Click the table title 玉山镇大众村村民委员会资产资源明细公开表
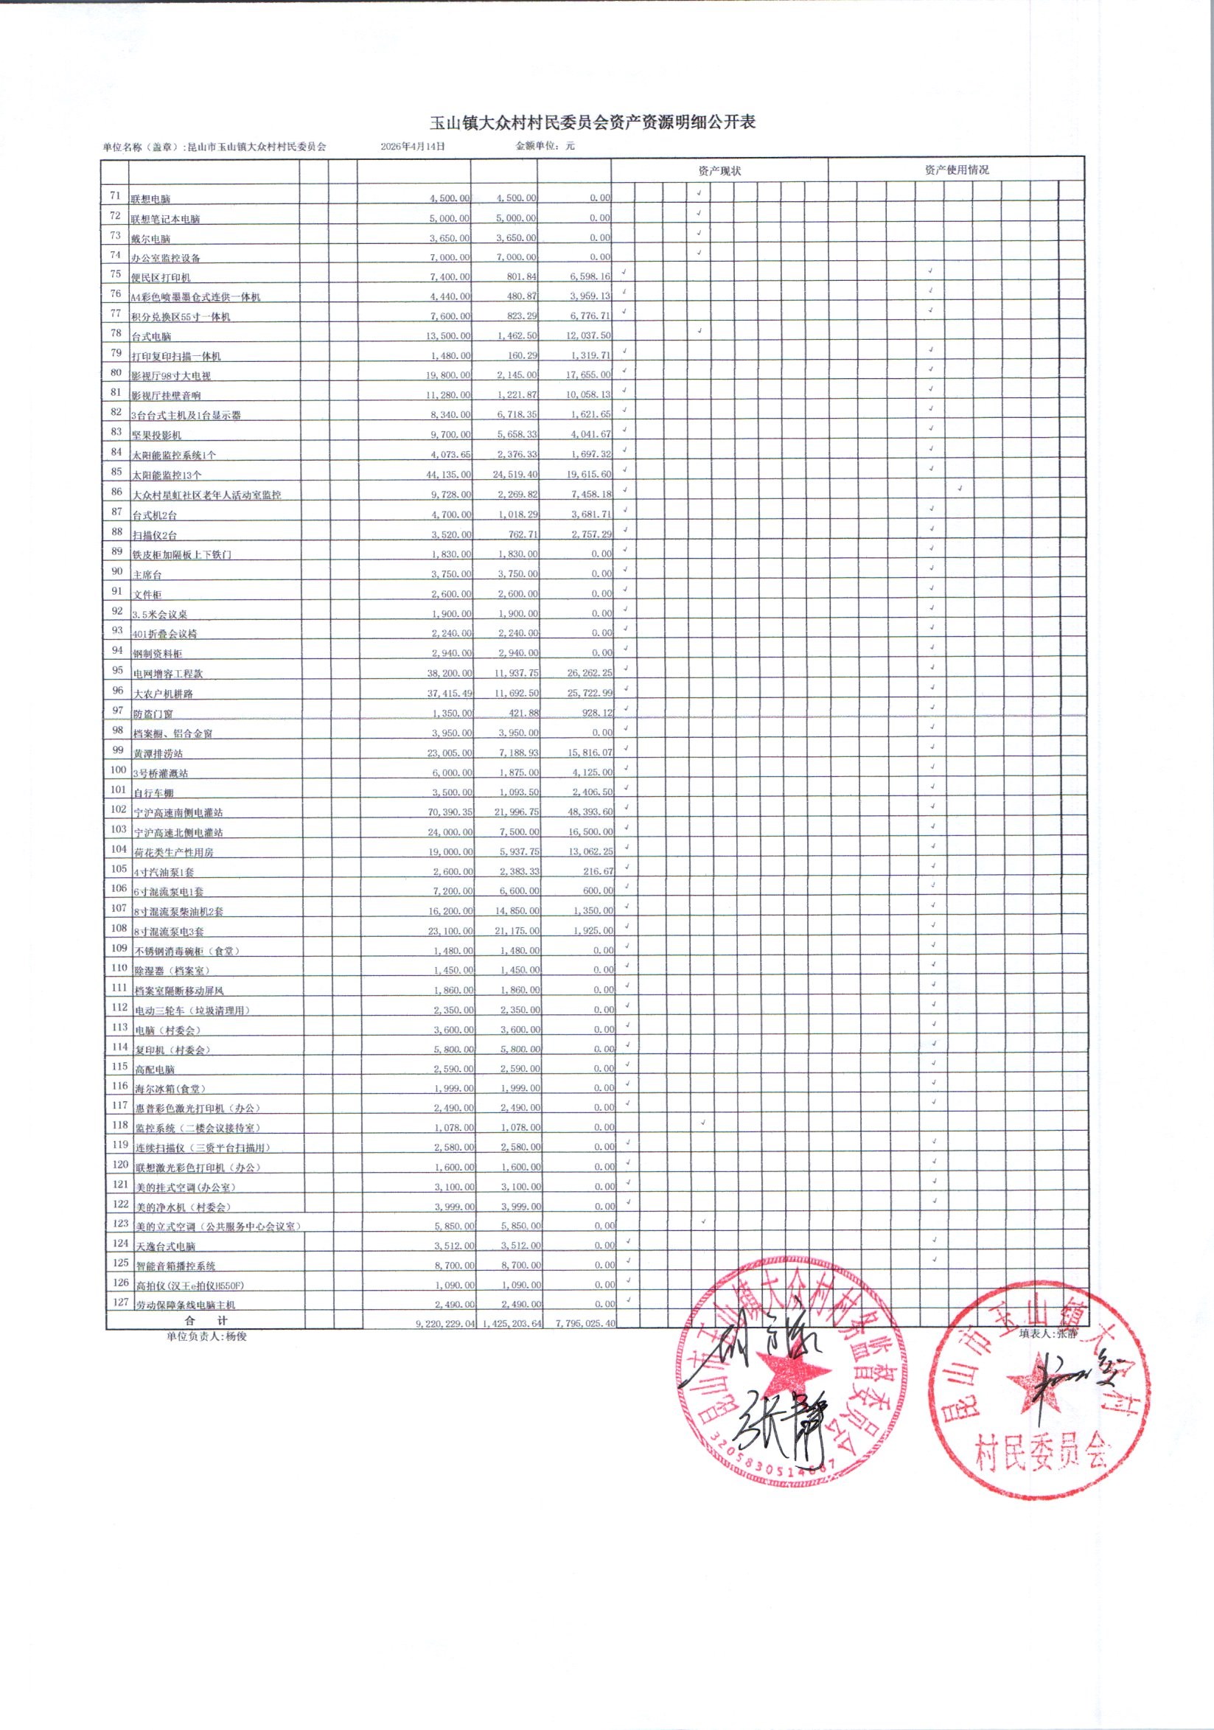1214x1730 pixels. [593, 123]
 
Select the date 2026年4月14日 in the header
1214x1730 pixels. [412, 146]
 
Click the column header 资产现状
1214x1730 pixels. [719, 170]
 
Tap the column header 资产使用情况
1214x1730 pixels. [956, 170]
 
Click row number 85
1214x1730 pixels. [116, 472]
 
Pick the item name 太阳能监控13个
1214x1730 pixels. [167, 475]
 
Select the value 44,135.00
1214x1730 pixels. [449, 475]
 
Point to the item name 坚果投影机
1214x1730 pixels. [157, 436]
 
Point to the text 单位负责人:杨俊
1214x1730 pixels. [206, 1336]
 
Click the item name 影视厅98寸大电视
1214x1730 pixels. [171, 376]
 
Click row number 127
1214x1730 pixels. [119, 1301]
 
